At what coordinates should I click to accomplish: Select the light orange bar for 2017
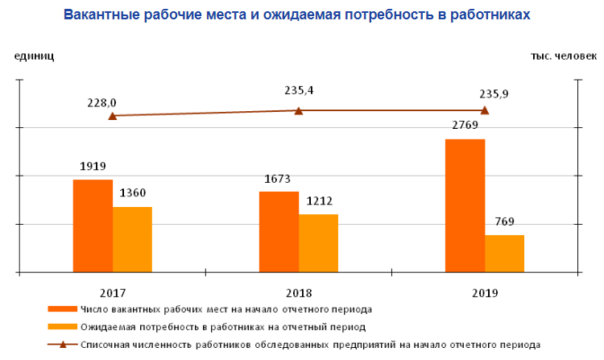132,239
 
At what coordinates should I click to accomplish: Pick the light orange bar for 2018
318,243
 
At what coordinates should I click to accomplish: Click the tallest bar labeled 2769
465,205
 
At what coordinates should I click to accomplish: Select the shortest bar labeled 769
504,254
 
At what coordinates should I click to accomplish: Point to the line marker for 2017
113,116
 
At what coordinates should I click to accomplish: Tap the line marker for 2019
485,110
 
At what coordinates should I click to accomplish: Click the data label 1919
93,167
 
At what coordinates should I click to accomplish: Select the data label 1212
319,201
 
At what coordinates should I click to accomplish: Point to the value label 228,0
102,102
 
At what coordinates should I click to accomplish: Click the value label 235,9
493,93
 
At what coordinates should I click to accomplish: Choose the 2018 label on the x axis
298,292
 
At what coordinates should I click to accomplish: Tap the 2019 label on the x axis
485,292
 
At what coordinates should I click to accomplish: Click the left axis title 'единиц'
34,56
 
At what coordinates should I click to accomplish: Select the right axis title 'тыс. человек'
563,56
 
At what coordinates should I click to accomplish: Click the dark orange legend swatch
62,308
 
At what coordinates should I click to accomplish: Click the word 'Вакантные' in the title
103,15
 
